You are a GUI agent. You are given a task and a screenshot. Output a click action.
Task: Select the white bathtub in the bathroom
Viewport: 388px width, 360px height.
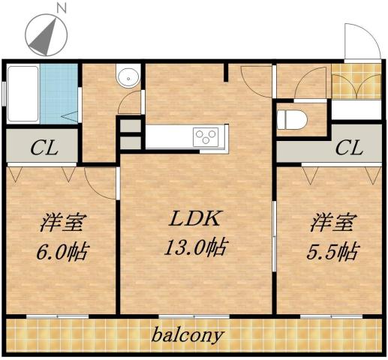(x=22, y=94)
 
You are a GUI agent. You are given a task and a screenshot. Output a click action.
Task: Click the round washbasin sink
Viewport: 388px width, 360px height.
(x=128, y=77)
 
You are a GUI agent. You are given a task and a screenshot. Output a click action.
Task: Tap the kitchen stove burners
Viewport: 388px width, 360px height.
(x=205, y=136)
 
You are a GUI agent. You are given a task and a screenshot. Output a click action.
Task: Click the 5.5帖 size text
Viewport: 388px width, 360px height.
(x=331, y=250)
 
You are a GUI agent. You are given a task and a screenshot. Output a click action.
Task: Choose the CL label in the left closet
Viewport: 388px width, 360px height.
(x=43, y=146)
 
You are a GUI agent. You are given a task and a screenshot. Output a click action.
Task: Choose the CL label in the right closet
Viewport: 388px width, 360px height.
(x=348, y=147)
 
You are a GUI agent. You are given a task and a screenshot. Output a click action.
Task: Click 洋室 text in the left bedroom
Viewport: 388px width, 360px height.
(x=61, y=223)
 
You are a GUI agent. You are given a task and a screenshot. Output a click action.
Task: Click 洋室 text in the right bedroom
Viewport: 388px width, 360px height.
(x=332, y=223)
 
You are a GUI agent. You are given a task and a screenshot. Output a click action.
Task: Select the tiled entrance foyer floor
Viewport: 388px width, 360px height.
(x=354, y=84)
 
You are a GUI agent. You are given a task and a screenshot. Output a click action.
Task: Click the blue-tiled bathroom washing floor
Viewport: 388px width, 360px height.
(x=59, y=95)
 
